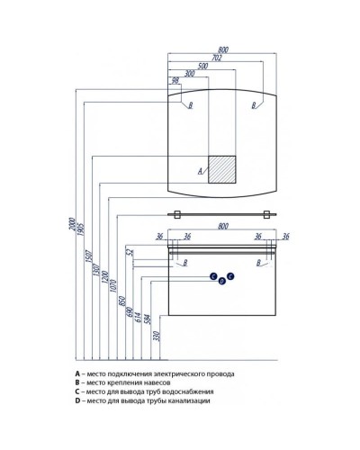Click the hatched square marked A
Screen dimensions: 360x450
pos(222,169)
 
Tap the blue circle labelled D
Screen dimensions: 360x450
pos(221,281)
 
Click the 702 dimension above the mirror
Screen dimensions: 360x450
pos(216,58)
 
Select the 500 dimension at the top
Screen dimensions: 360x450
pos(202,66)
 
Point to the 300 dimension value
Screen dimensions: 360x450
pos(190,74)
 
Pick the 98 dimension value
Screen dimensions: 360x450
pos(175,81)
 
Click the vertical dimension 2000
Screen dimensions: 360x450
pos(72,224)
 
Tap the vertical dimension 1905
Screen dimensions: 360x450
pos(80,229)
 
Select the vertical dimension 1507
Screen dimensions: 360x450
pos(89,256)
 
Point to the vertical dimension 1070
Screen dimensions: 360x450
pos(113,286)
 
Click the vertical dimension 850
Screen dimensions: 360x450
pos(121,301)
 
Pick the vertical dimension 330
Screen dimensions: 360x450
pos(157,336)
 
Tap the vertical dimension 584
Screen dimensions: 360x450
pos(148,319)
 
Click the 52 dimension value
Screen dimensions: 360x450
pos(130,252)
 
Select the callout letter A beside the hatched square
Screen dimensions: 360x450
pos(201,171)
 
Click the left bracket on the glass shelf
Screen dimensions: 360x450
pos(176,214)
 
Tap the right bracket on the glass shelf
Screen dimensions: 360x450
pos(266,214)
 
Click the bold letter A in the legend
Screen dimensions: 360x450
pos(77,373)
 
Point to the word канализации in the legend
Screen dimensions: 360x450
pos(192,400)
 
